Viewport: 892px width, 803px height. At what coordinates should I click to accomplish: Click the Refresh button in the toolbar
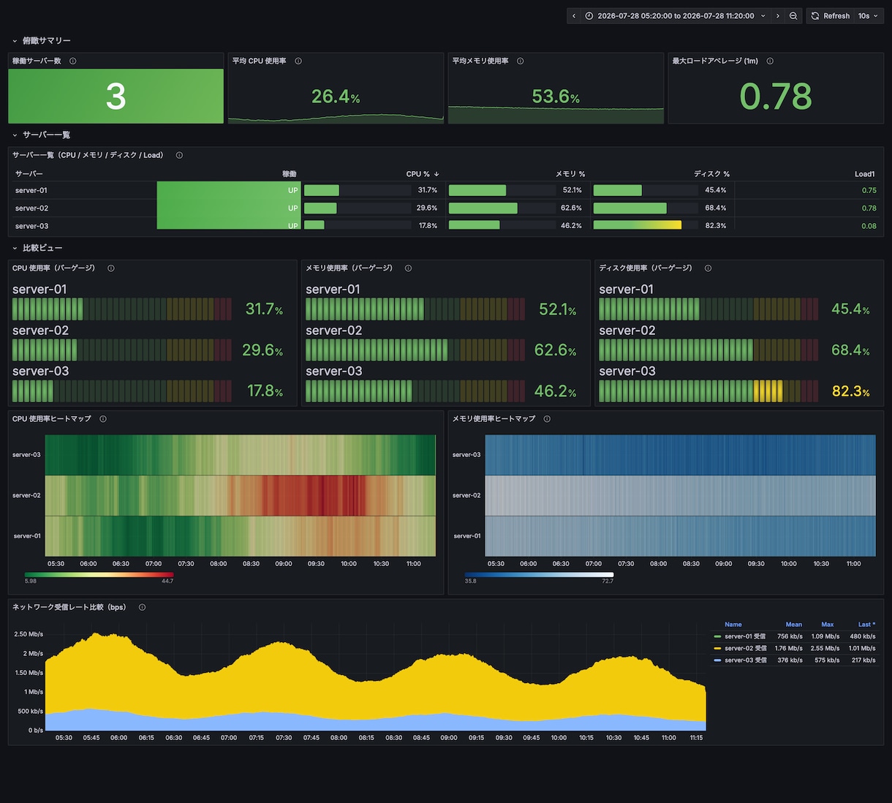pyautogui.click(x=831, y=16)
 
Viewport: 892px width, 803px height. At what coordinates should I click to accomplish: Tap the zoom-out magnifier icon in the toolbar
pyautogui.click(x=793, y=16)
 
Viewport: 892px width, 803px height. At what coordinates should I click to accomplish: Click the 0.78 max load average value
pyautogui.click(x=776, y=96)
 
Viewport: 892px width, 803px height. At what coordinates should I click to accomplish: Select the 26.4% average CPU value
pyautogui.click(x=336, y=97)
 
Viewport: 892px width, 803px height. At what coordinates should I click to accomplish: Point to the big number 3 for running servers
pyautogui.click(x=116, y=96)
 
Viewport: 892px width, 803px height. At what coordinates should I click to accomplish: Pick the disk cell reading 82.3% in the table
pyautogui.click(x=716, y=225)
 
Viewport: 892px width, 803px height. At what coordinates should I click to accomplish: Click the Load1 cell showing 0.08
pyautogui.click(x=869, y=226)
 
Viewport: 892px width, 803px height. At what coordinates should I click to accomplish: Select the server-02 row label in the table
pyautogui.click(x=31, y=208)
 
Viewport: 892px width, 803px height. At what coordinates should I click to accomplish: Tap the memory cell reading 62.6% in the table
pyautogui.click(x=571, y=208)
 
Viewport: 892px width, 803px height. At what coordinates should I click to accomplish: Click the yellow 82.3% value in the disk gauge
pyautogui.click(x=850, y=391)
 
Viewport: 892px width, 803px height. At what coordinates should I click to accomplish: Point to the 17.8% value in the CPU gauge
pyautogui.click(x=265, y=391)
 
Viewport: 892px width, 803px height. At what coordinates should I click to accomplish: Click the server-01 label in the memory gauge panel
pyautogui.click(x=333, y=289)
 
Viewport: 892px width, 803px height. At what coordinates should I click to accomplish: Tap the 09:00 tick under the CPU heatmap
pyautogui.click(x=283, y=564)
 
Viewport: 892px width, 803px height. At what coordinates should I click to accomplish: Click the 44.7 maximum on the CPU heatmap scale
pyautogui.click(x=167, y=581)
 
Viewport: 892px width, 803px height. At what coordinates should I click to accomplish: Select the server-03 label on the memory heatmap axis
pyautogui.click(x=466, y=455)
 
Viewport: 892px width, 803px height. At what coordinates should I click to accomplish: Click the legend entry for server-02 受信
pyautogui.click(x=745, y=648)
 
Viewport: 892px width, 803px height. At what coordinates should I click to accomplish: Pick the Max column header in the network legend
pyautogui.click(x=827, y=624)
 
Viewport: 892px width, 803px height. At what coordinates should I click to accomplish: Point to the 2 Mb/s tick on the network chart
pyautogui.click(x=33, y=653)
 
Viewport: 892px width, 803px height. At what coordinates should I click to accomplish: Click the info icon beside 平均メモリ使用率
pyautogui.click(x=520, y=61)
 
